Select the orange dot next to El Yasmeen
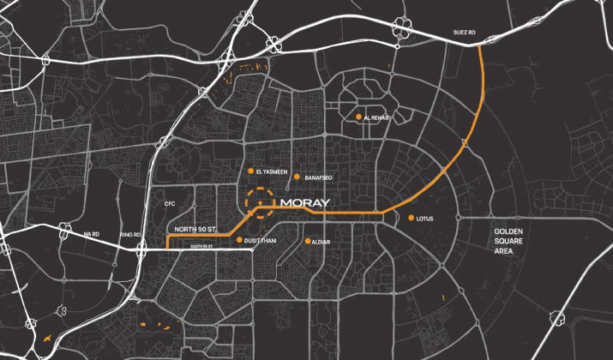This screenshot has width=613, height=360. (251, 171)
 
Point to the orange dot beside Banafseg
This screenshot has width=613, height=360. (297, 177)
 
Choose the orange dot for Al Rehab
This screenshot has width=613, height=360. (358, 117)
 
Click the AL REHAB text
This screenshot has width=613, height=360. (377, 117)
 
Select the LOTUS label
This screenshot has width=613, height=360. (424, 219)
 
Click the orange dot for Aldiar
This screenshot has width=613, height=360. (307, 241)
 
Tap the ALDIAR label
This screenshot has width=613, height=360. (322, 242)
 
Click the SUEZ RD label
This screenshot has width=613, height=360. (464, 33)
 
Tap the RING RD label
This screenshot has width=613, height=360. (130, 234)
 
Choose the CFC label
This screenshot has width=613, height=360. (170, 204)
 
